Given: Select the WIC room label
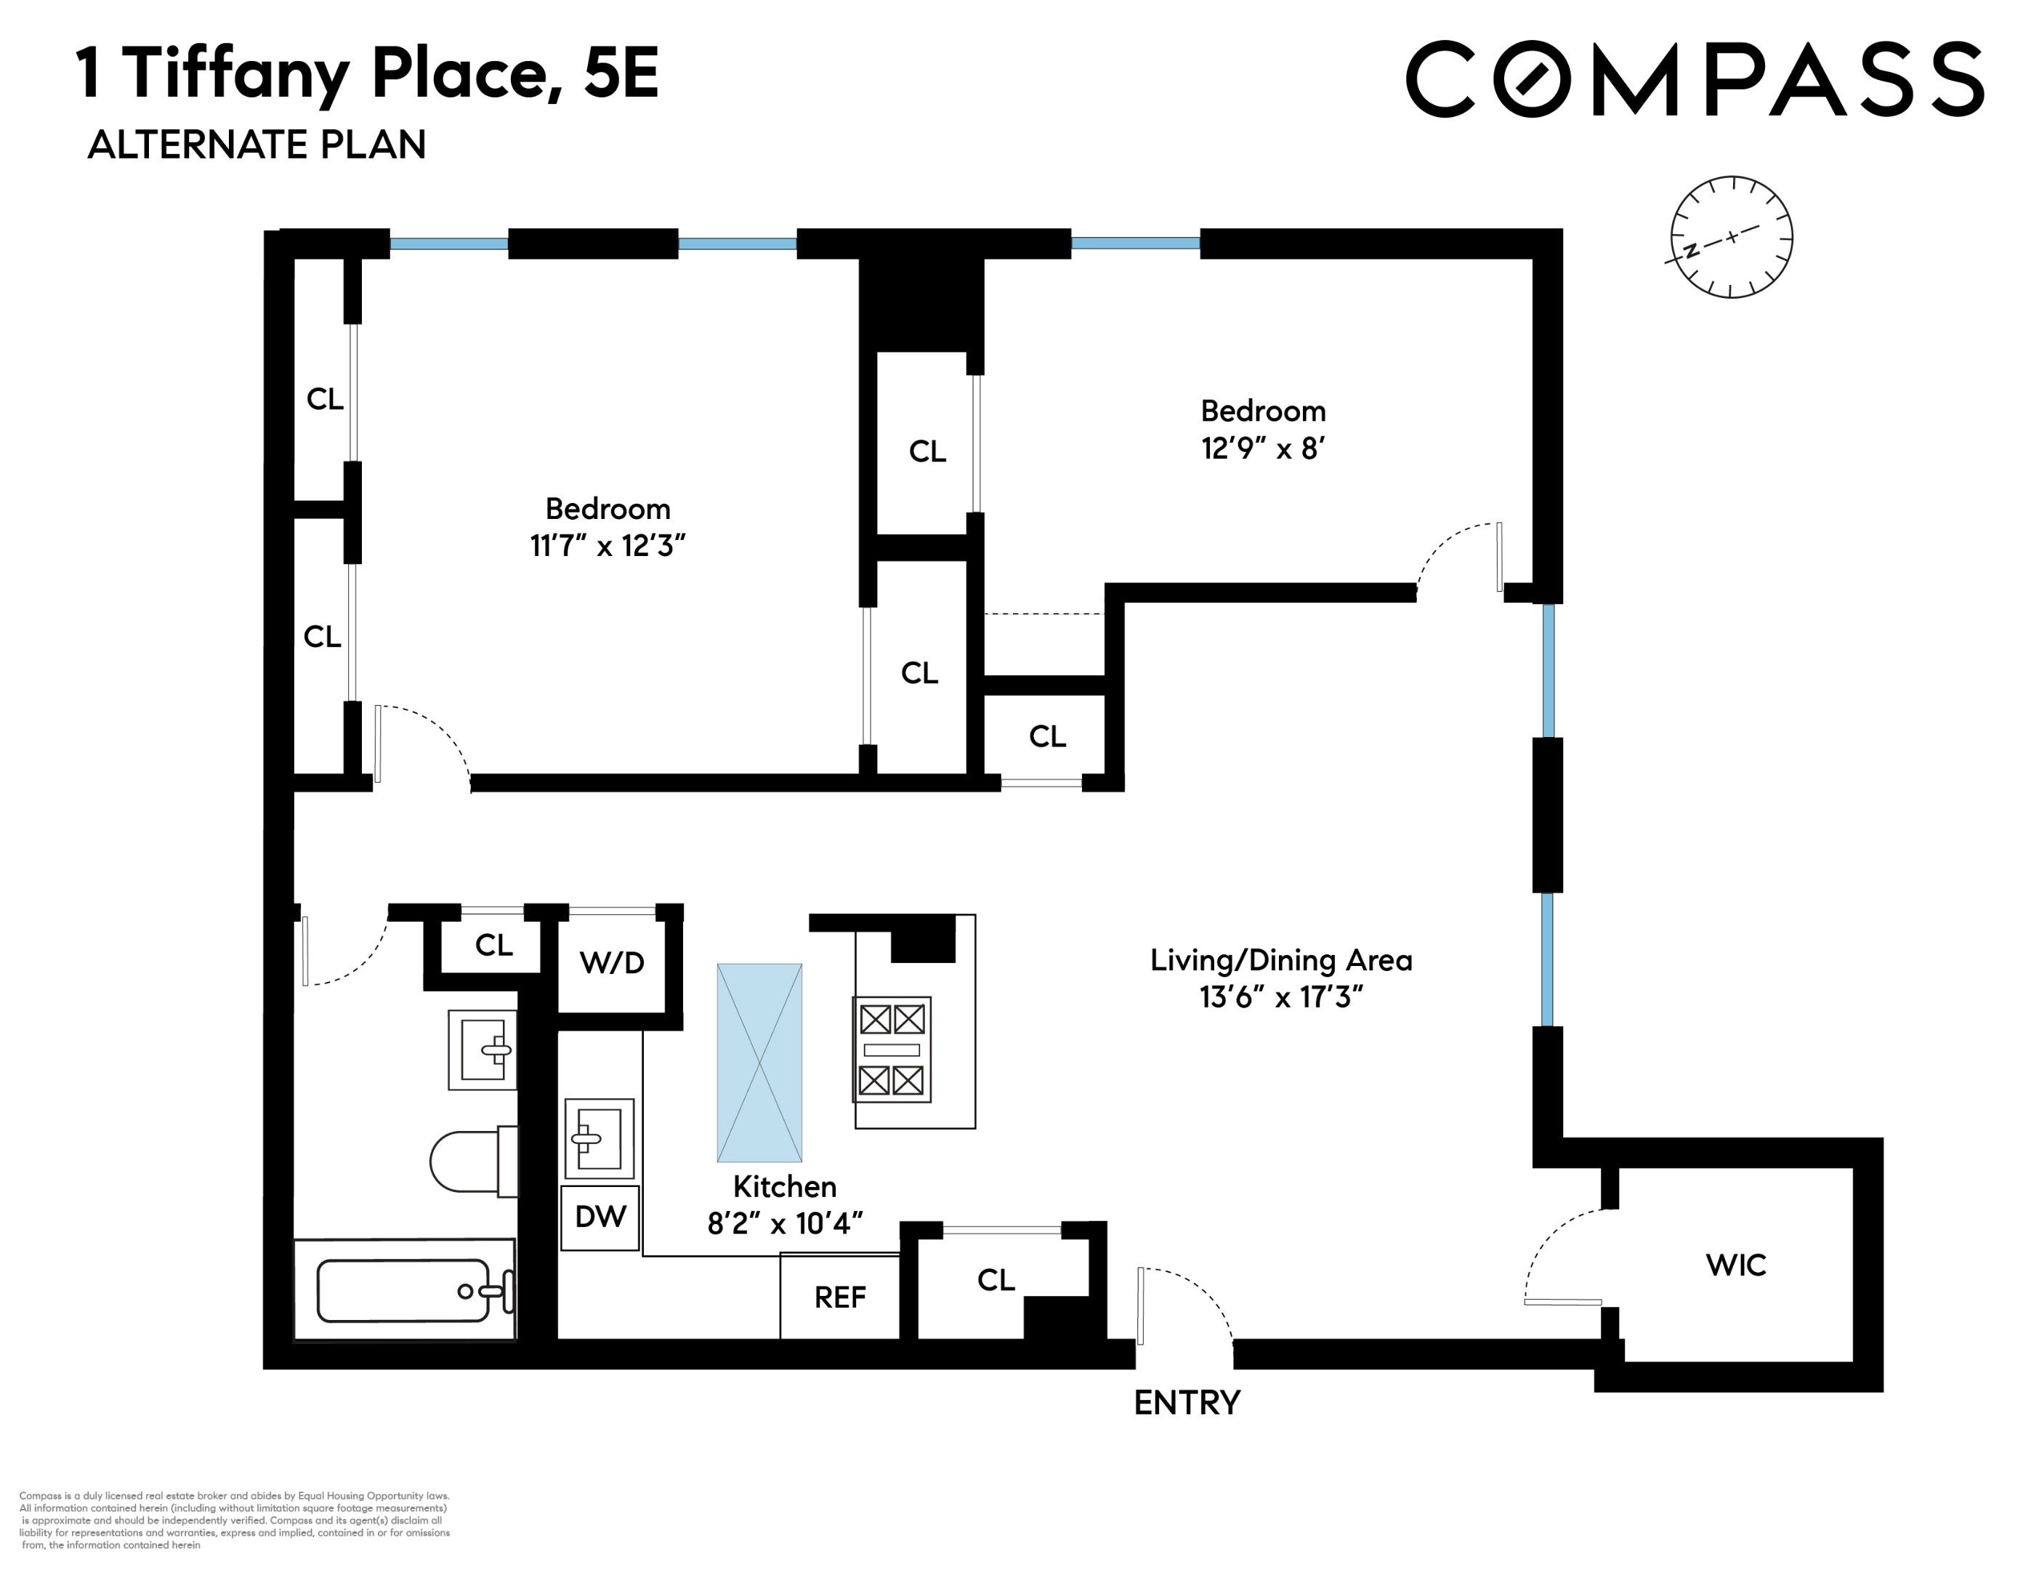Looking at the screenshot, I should pos(1735,1265).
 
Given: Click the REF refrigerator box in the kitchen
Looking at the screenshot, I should pos(840,1297).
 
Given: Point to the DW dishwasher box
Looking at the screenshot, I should pos(599,1217).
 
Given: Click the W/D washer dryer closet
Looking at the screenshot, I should pos(612,962).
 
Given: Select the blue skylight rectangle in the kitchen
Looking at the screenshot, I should pos(759,1062).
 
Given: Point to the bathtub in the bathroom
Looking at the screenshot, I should pos(405,1290).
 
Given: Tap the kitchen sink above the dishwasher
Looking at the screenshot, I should pos(599,1138).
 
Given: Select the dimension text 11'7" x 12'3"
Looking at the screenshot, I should pos(607,545).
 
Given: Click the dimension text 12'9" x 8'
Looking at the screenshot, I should pos(1262,448).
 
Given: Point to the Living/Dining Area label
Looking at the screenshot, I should pos(1280,960).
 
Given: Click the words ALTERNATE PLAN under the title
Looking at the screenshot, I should pos(257,145).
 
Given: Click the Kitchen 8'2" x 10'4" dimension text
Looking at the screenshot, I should pos(785,1222).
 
